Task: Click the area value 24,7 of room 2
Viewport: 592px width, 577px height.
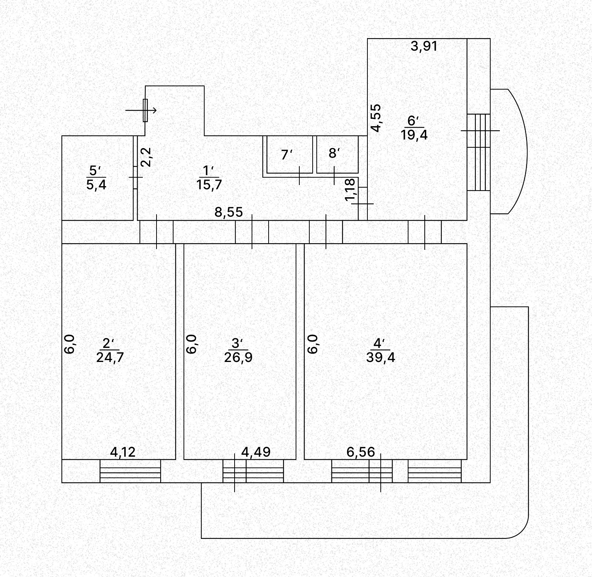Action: [x=110, y=358]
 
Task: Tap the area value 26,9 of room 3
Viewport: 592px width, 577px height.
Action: [x=238, y=358]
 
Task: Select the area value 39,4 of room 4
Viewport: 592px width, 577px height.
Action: [x=381, y=358]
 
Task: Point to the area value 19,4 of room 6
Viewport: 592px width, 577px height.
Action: [x=414, y=135]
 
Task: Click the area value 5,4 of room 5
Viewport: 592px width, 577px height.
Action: [x=96, y=184]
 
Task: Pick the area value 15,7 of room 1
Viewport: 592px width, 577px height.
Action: [x=209, y=184]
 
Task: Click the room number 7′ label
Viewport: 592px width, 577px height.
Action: [x=286, y=154]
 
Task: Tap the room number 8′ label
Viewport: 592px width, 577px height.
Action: [x=334, y=153]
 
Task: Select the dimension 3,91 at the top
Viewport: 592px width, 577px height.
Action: [x=424, y=46]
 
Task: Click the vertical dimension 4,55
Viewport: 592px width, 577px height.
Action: [x=376, y=118]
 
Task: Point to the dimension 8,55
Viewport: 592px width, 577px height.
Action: [x=229, y=212]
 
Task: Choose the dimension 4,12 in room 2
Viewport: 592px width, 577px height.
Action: [x=123, y=452]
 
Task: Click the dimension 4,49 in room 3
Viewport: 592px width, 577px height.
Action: [x=256, y=452]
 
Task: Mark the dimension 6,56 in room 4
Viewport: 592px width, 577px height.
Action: [x=361, y=452]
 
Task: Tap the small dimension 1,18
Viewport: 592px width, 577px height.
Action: [x=350, y=189]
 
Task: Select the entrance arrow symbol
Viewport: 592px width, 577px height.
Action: [x=141, y=110]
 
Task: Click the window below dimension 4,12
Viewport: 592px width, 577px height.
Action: [x=130, y=471]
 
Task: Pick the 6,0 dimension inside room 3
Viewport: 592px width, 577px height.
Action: [x=191, y=344]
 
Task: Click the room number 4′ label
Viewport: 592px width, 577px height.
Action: [x=379, y=343]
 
